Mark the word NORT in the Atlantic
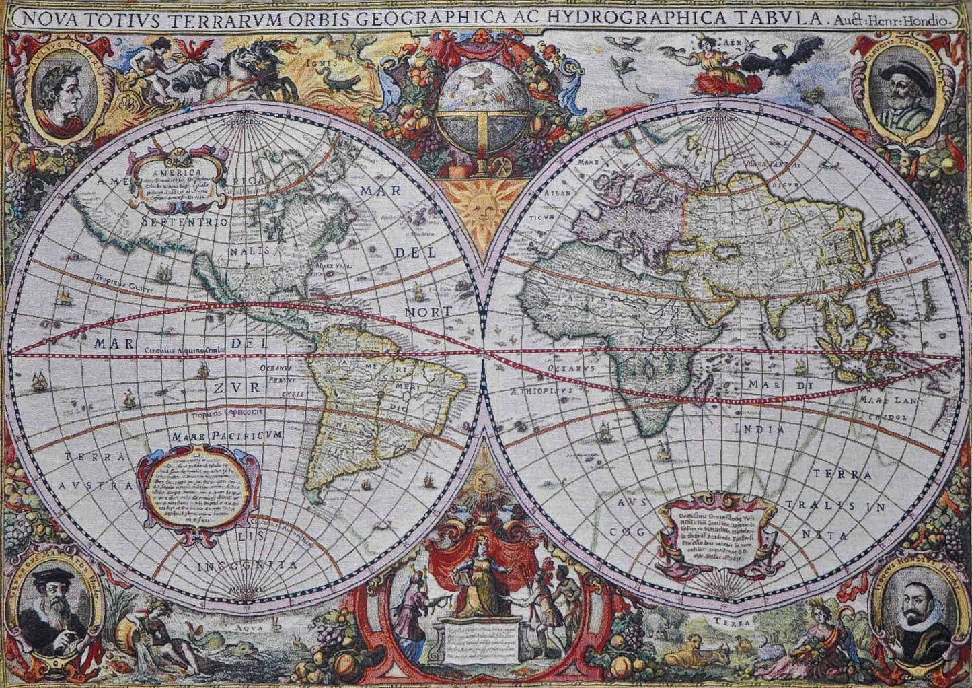[428, 312]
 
